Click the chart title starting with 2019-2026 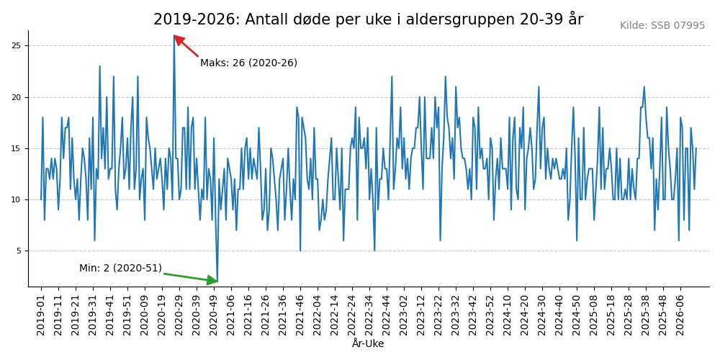tap(368, 19)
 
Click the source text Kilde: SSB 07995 tap(662, 26)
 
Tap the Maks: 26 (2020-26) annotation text tap(248, 63)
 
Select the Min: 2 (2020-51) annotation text tap(120, 269)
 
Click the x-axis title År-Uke tap(368, 344)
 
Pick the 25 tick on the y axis tap(16, 46)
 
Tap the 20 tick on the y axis tap(16, 97)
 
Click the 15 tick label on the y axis tap(16, 148)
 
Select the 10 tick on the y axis tap(16, 200)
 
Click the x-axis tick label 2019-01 tap(41, 313)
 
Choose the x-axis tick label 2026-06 tap(680, 313)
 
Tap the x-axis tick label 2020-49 tap(214, 313)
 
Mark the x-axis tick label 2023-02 tap(404, 313)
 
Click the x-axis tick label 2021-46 tap(300, 313)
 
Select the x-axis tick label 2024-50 tap(577, 313)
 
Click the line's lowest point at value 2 tap(217, 282)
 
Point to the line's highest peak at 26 tap(174, 36)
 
